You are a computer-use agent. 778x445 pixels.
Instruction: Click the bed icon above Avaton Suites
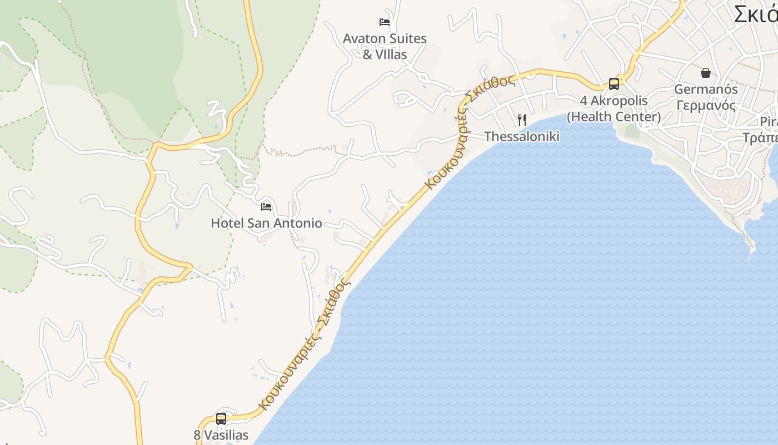click(384, 22)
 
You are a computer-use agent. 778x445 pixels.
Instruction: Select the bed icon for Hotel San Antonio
click(266, 207)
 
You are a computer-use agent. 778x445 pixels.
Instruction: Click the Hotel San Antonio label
click(266, 223)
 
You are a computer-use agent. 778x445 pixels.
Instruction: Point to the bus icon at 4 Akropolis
click(614, 84)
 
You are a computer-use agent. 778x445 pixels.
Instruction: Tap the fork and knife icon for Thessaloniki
click(521, 120)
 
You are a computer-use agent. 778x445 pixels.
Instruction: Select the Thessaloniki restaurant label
click(521, 136)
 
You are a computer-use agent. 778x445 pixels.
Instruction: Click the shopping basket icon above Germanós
click(705, 73)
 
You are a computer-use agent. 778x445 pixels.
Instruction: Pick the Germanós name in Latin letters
click(706, 89)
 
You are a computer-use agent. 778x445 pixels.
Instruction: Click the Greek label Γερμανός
click(706, 105)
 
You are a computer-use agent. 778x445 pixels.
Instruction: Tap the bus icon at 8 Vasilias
click(221, 419)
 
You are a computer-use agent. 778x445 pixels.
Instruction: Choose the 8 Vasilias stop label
click(221, 435)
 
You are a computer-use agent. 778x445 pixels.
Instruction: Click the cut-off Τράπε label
click(761, 137)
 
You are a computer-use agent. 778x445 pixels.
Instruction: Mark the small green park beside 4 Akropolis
click(632, 131)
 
